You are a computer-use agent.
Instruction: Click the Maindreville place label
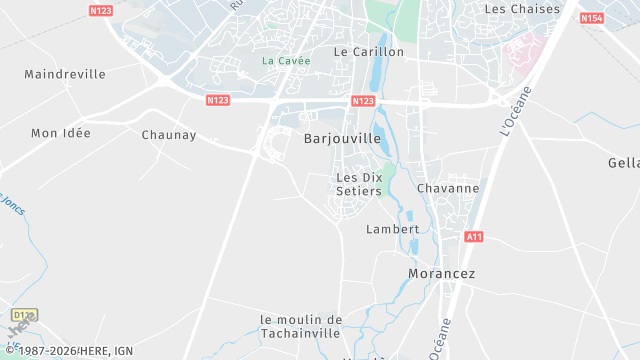pos(64,74)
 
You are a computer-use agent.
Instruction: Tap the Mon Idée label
pos(60,133)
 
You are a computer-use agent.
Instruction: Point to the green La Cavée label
pos(286,61)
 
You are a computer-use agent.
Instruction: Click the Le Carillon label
pos(368,51)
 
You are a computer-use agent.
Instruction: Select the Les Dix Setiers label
pos(359,184)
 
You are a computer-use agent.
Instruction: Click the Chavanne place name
pos(447,188)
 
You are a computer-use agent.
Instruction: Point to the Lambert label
pos(393,229)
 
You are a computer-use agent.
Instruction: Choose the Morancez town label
pos(441,273)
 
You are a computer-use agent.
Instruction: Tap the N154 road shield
pos(591,18)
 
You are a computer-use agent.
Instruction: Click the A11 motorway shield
pos(475,237)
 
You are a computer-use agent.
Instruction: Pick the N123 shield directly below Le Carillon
pos(363,101)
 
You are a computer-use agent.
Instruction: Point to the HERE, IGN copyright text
pos(70,351)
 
